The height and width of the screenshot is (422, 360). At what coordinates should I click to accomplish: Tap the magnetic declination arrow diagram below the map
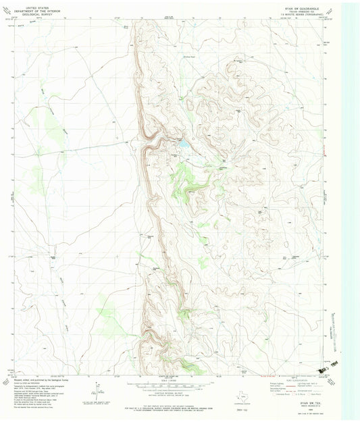tap(99, 390)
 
